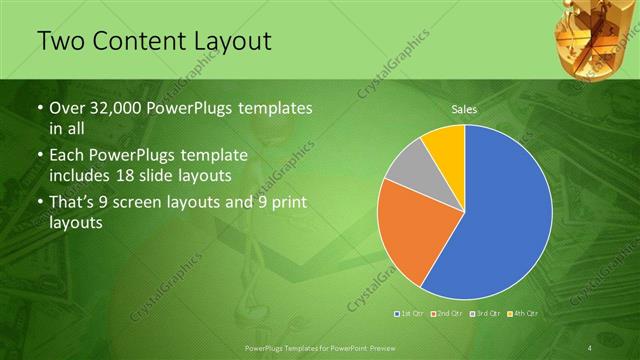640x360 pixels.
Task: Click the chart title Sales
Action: coord(464,107)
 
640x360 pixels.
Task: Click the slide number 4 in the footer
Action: coord(591,347)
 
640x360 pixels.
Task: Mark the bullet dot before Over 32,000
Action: coord(39,108)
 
